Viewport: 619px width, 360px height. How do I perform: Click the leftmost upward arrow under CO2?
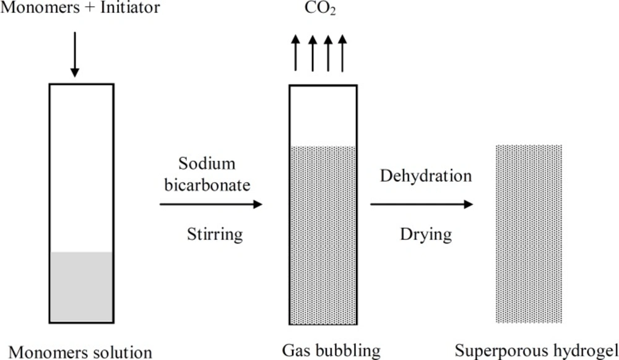coord(297,54)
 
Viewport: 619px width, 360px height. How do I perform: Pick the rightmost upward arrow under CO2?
coord(343,54)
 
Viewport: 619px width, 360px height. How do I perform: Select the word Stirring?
coord(215,234)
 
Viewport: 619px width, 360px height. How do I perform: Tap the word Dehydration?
coord(426,176)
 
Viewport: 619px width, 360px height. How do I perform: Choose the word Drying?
coord(426,234)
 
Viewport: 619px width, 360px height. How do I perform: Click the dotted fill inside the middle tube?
coord(323,235)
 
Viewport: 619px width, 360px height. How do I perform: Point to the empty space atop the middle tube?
coord(323,115)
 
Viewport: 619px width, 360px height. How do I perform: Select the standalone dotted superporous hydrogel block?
coord(529,234)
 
